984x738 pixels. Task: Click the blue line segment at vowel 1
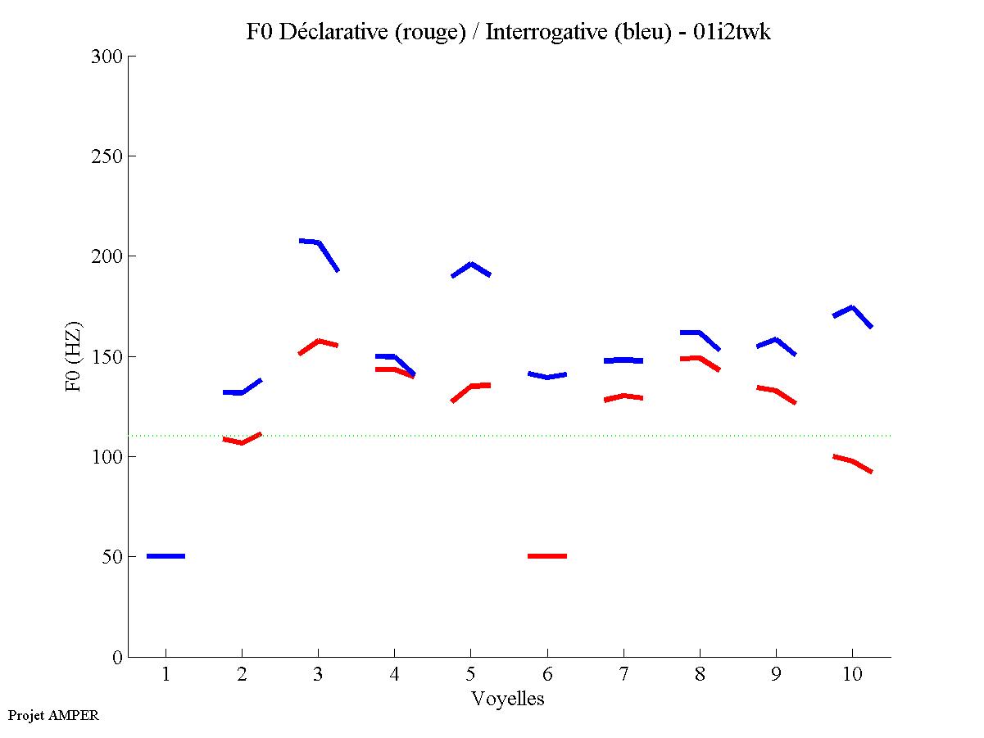(x=166, y=556)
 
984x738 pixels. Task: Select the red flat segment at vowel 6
(x=547, y=556)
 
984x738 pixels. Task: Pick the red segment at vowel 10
(x=852, y=462)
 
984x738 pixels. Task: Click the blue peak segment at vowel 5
(x=471, y=265)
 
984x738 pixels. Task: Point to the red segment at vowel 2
(x=242, y=442)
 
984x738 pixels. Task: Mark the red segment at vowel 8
(x=699, y=358)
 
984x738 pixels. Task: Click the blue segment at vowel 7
(x=624, y=360)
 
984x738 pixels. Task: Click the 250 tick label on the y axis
(x=107, y=156)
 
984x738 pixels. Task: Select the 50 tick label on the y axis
(x=111, y=557)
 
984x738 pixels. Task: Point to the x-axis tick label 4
(x=394, y=675)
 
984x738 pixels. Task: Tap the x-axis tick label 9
(x=775, y=675)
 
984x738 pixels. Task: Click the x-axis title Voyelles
(x=508, y=699)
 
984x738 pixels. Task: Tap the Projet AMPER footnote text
(x=53, y=715)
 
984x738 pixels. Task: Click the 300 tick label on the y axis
(x=107, y=57)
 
